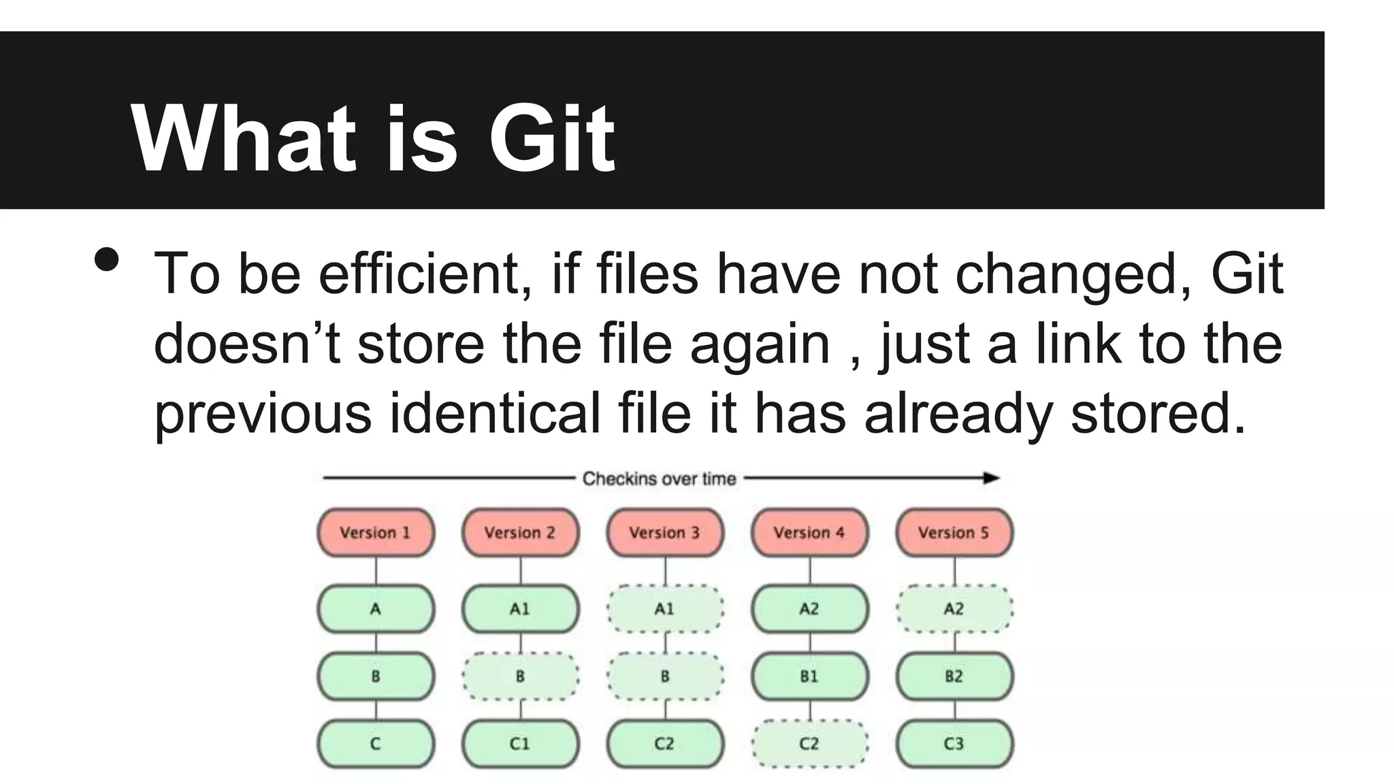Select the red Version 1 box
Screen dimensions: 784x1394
376,532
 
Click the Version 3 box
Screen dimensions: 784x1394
665,532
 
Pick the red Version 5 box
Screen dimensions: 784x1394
954,532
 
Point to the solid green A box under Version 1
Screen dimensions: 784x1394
376,608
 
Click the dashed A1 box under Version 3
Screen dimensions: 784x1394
665,608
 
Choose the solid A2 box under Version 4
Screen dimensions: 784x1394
809,608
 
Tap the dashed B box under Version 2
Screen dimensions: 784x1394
520,676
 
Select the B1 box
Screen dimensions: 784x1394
809,676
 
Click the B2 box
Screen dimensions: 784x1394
954,676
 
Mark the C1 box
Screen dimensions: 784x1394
520,744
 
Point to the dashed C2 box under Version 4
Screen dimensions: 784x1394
809,744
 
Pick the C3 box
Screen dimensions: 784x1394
954,744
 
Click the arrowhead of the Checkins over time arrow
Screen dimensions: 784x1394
992,478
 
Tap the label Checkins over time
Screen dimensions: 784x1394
659,478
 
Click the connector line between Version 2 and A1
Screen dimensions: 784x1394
521,570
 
